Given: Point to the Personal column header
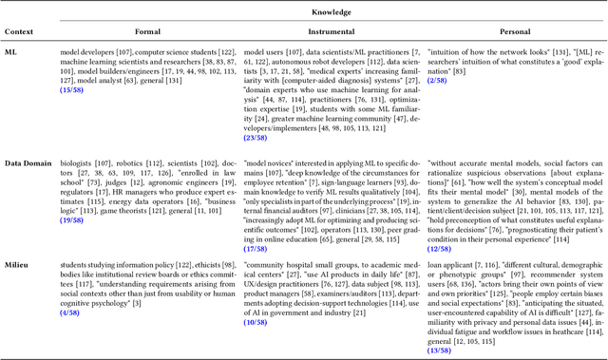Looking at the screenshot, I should pyautogui.click(x=508, y=31).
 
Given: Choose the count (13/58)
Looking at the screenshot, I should pyautogui.click(x=437, y=351).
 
